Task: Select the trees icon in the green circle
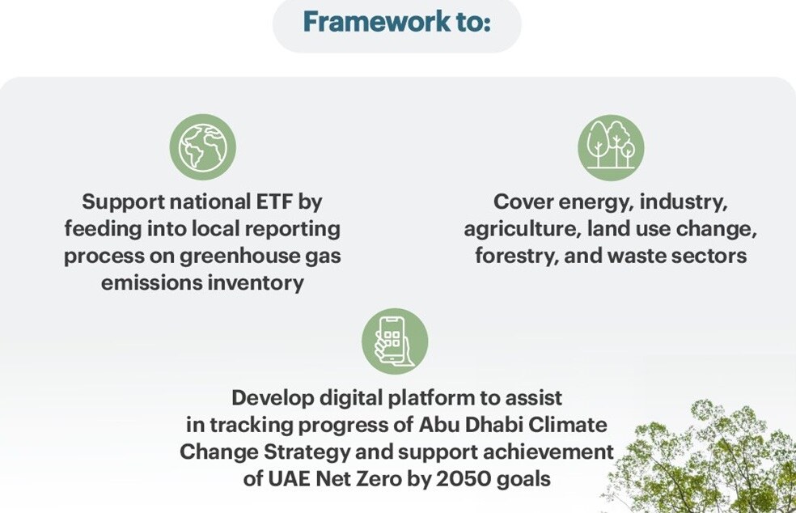pyautogui.click(x=611, y=146)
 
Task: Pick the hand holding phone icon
pyautogui.click(x=394, y=341)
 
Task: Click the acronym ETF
pyautogui.click(x=274, y=201)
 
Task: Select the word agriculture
pyautogui.click(x=519, y=229)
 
